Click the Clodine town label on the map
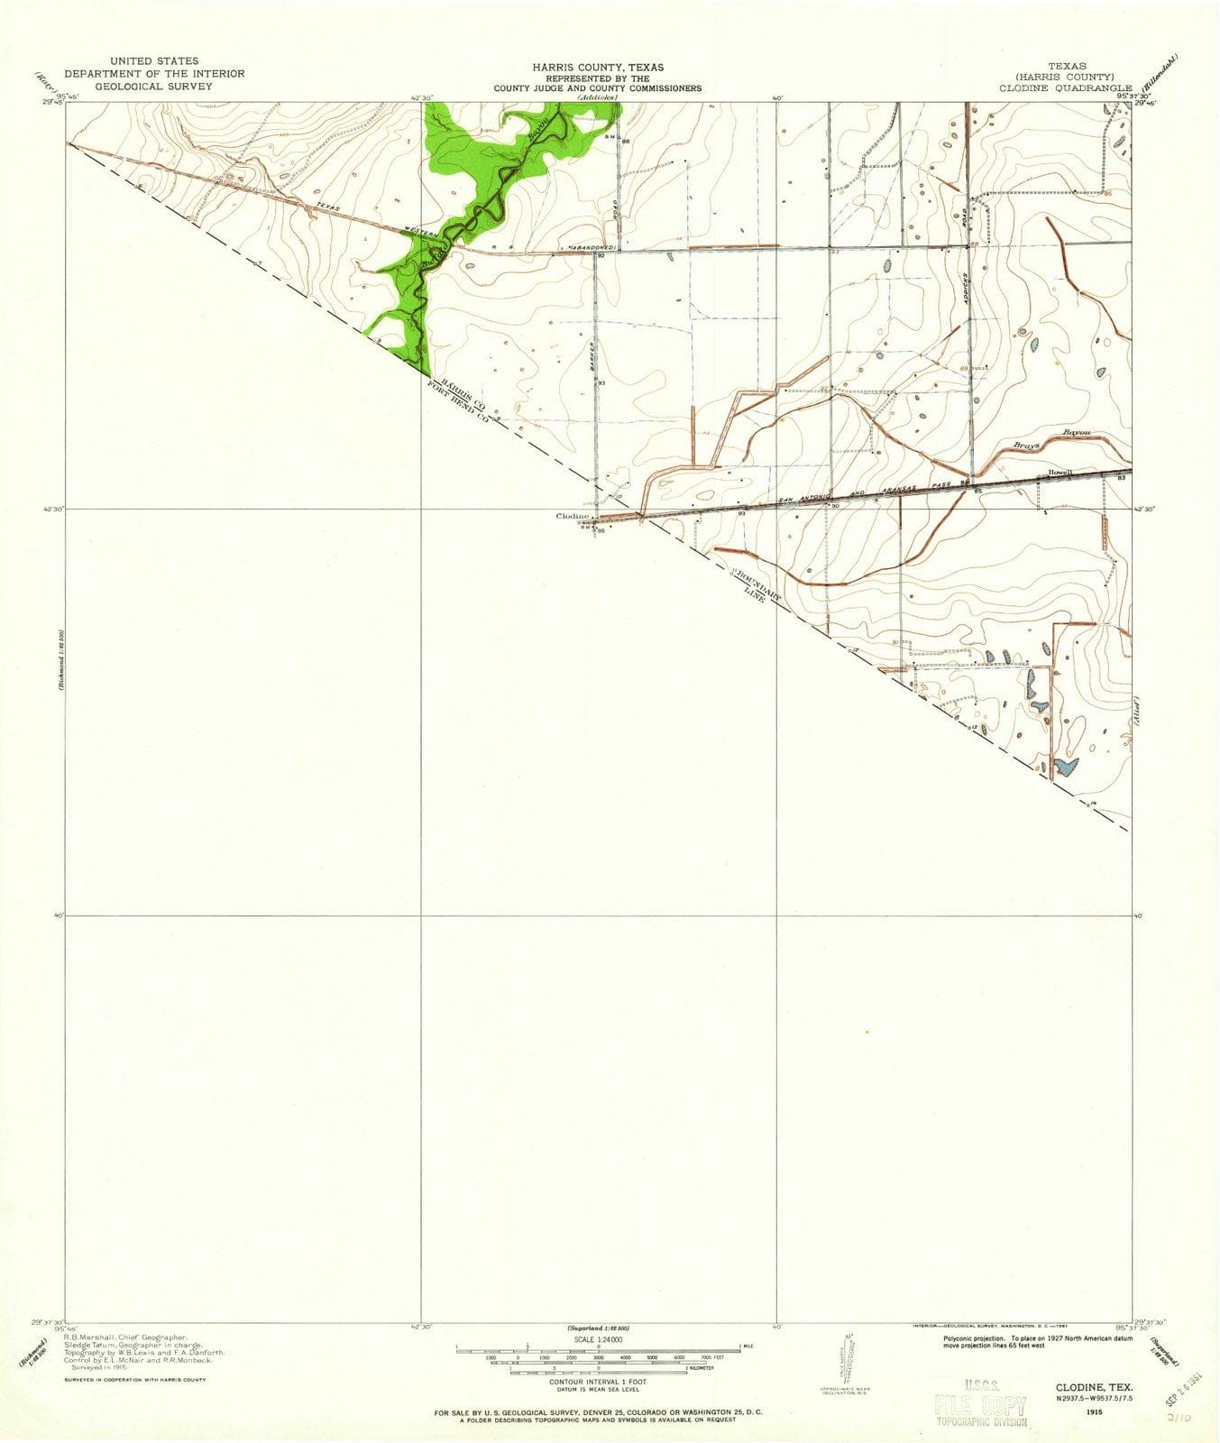click(572, 517)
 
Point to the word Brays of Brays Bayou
click(1023, 445)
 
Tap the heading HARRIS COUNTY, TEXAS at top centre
click(597, 68)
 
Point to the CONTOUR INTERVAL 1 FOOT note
click(598, 1381)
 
